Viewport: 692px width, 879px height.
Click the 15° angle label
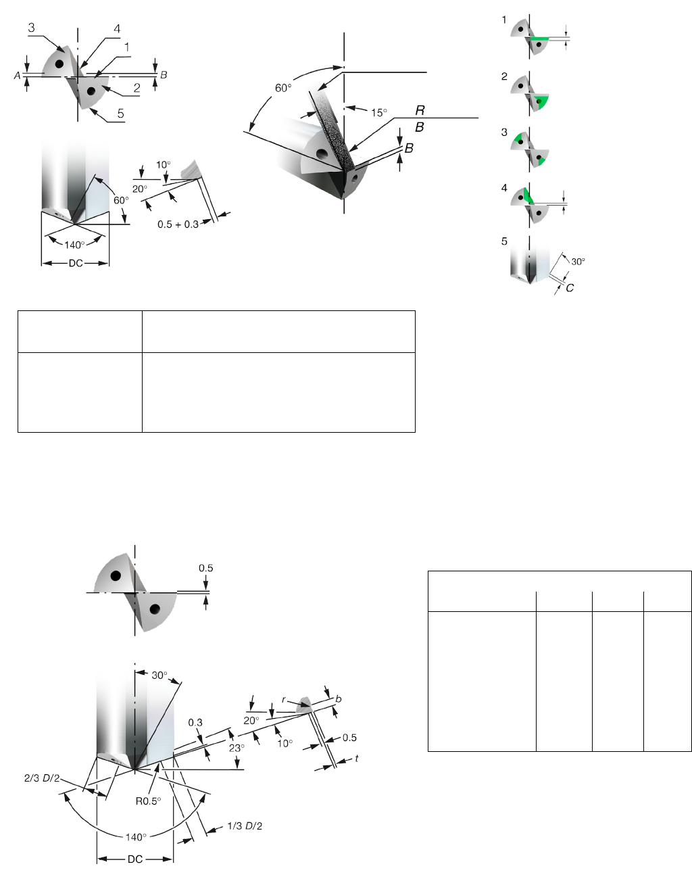coord(379,112)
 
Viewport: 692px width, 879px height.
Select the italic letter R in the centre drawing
coord(420,110)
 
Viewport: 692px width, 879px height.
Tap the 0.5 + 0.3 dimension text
coord(178,224)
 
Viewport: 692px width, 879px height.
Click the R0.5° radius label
coord(148,801)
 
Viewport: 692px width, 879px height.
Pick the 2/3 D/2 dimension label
coord(42,778)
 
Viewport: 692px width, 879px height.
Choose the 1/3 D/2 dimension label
coord(245,826)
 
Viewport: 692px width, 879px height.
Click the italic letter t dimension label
coord(356,758)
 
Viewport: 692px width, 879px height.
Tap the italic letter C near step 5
coord(570,288)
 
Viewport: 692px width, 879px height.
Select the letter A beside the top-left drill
coord(17,75)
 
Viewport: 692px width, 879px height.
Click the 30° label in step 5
coord(578,262)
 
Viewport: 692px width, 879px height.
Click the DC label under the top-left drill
coord(76,263)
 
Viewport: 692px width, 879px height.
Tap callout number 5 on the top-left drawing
coord(120,113)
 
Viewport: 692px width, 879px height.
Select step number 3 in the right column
coord(504,132)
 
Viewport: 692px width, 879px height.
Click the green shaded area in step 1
coord(540,39)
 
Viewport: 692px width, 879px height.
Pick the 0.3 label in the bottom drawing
coord(195,722)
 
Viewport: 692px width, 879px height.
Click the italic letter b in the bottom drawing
coord(339,698)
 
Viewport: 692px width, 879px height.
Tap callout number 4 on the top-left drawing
coord(117,28)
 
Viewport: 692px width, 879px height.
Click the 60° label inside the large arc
coord(283,88)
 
